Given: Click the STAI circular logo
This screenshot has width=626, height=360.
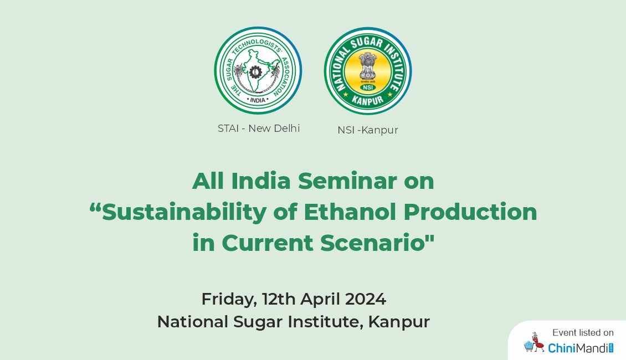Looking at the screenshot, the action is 258,71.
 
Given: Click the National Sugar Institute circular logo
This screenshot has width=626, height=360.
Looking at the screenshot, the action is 368,71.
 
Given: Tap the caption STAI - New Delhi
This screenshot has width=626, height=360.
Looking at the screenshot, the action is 259,128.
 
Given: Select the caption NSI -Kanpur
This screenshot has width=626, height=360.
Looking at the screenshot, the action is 368,130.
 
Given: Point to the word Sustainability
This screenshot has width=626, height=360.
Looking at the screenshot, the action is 184,212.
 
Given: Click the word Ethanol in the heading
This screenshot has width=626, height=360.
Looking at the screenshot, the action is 350,212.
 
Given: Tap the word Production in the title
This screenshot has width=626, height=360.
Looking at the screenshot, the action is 470,212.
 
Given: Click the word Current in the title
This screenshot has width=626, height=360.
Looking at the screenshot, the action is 267,243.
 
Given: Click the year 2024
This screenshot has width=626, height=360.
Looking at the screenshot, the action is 366,299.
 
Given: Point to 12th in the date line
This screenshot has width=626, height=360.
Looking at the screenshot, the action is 279,299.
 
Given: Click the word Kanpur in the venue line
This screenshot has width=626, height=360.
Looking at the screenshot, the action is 399,322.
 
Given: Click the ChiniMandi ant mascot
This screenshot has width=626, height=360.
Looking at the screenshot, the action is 534,342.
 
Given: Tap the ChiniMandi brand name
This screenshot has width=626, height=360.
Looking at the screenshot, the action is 580,348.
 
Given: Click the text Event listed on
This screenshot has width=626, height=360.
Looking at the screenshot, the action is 583,332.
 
